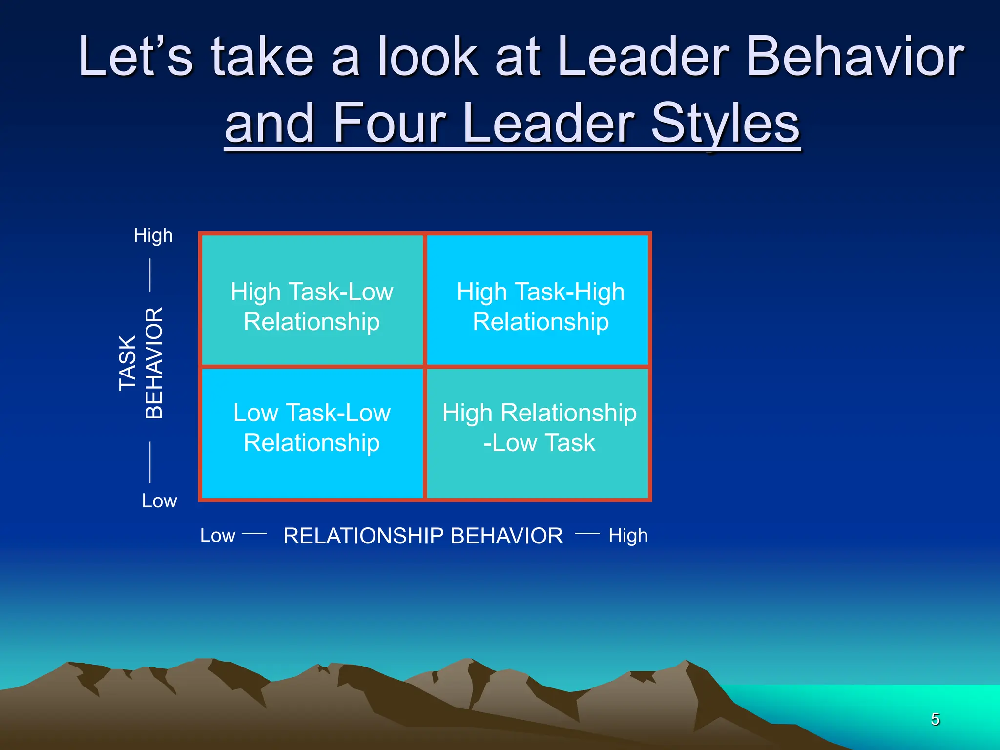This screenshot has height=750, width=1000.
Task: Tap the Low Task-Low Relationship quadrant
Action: coord(312,428)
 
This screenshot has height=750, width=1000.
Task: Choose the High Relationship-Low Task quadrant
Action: coord(539,428)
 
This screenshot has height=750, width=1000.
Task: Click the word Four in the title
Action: coord(389,123)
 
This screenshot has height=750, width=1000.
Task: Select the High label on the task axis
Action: coord(153,236)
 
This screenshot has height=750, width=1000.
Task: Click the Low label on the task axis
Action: coord(159,501)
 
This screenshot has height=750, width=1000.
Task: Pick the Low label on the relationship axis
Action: coord(218,536)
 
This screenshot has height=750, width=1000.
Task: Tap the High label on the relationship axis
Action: coord(628,536)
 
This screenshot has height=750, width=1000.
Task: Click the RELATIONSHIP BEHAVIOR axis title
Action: coord(423,536)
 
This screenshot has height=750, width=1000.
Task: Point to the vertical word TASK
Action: coord(128,363)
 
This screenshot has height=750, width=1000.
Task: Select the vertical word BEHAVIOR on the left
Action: coord(154,363)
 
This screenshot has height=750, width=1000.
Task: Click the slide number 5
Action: coord(935,719)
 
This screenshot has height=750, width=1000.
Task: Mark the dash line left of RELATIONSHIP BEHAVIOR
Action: coord(254,534)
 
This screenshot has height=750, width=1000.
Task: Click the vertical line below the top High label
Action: coord(150,275)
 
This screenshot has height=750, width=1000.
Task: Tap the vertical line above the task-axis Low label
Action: coord(150,462)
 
